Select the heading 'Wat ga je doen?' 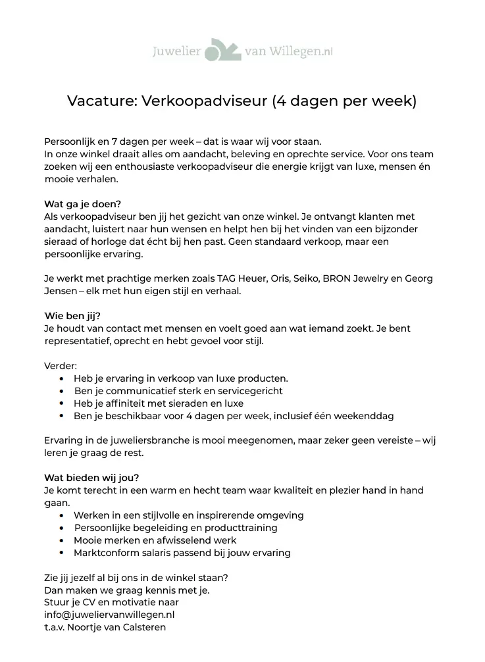[x=83, y=203]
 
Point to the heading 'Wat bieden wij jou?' [x=91, y=477]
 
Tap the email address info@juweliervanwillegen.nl [x=109, y=615]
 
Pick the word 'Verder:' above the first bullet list [x=60, y=365]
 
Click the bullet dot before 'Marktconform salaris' [x=61, y=553]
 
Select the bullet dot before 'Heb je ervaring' [x=61, y=379]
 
